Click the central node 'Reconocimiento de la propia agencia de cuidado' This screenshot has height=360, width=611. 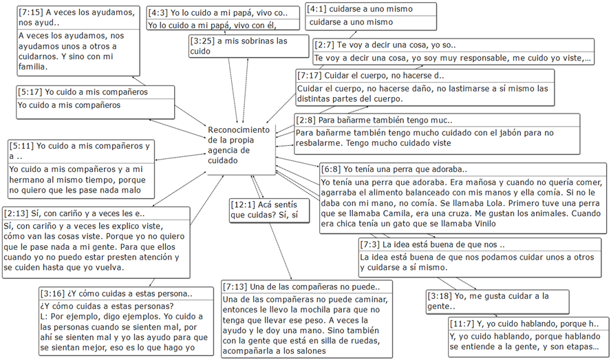pyautogui.click(x=239, y=145)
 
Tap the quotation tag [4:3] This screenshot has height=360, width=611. pyautogui.click(x=160, y=12)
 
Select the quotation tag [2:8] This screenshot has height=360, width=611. pyautogui.click(x=308, y=120)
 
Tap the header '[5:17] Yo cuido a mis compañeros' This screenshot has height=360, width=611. pyautogui.click(x=83, y=92)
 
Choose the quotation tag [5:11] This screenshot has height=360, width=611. pyautogui.click(x=23, y=146)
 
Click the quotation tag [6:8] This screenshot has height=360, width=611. pyautogui.click(x=332, y=169)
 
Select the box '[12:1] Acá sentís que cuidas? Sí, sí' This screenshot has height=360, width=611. pyautogui.click(x=264, y=211)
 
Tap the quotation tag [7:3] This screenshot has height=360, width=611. pyautogui.click(x=370, y=244)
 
